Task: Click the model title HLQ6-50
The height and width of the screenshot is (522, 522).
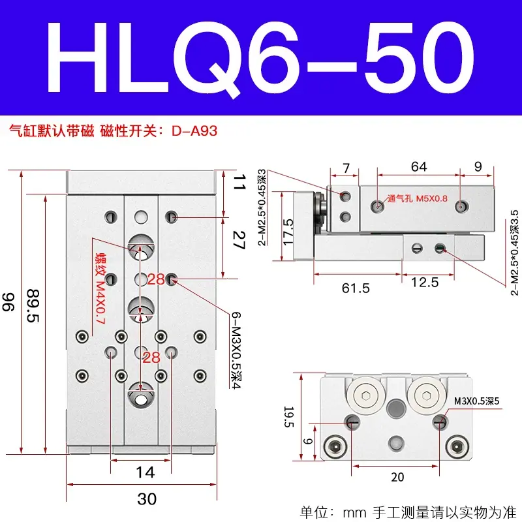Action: pos(260,59)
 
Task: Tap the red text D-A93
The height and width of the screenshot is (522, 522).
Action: pos(194,131)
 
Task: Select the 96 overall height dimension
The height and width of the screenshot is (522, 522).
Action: pos(8,302)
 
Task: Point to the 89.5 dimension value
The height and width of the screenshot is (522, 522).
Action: pos(33,306)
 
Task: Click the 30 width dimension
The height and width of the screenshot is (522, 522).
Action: pos(147,499)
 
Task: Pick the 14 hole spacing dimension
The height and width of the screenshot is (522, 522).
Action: pos(146,472)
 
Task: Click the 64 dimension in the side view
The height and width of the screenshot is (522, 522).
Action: pos(419,166)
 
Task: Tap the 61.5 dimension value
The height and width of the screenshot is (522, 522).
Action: pos(356,288)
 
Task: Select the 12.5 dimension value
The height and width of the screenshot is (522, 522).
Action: pos(425,283)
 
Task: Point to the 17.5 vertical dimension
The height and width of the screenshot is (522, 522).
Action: pos(288,232)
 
